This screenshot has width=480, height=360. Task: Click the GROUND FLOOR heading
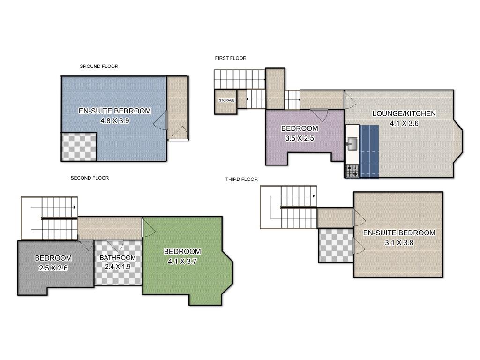(x=98, y=66)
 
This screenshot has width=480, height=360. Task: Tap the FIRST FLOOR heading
(x=231, y=58)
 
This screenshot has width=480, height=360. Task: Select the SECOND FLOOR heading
(x=90, y=178)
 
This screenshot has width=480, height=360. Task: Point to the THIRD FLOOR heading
(x=241, y=179)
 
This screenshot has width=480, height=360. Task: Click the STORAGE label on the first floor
(x=226, y=100)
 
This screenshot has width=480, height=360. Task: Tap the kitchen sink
(x=352, y=143)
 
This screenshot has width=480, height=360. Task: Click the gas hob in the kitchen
(x=352, y=171)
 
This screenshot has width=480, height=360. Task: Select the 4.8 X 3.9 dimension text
(x=115, y=121)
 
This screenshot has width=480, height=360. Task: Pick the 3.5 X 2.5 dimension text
(x=300, y=138)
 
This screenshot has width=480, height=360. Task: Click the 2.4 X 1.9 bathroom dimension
(x=118, y=267)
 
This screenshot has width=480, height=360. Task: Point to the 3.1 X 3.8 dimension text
(x=399, y=243)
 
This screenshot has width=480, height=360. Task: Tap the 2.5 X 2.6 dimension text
(x=53, y=268)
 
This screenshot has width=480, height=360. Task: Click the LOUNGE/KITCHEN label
(x=404, y=113)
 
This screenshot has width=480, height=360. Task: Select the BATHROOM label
(x=118, y=258)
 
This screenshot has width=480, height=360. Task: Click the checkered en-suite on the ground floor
(x=79, y=147)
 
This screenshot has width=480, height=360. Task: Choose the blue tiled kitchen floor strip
(x=369, y=151)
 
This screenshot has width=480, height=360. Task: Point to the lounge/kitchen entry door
(x=350, y=99)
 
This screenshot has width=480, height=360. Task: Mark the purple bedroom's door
(x=319, y=115)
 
